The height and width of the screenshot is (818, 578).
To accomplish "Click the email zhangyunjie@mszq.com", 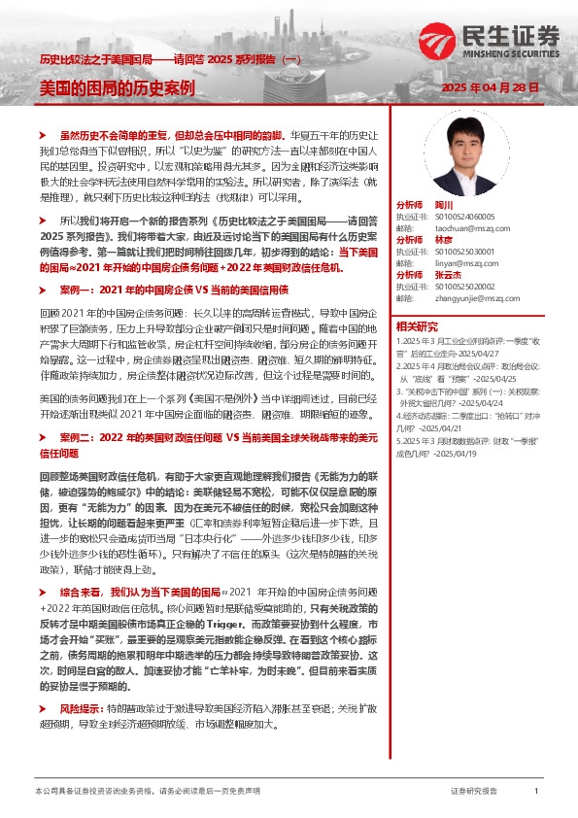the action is click(471, 297).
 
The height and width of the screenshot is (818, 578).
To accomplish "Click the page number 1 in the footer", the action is click(536, 792).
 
